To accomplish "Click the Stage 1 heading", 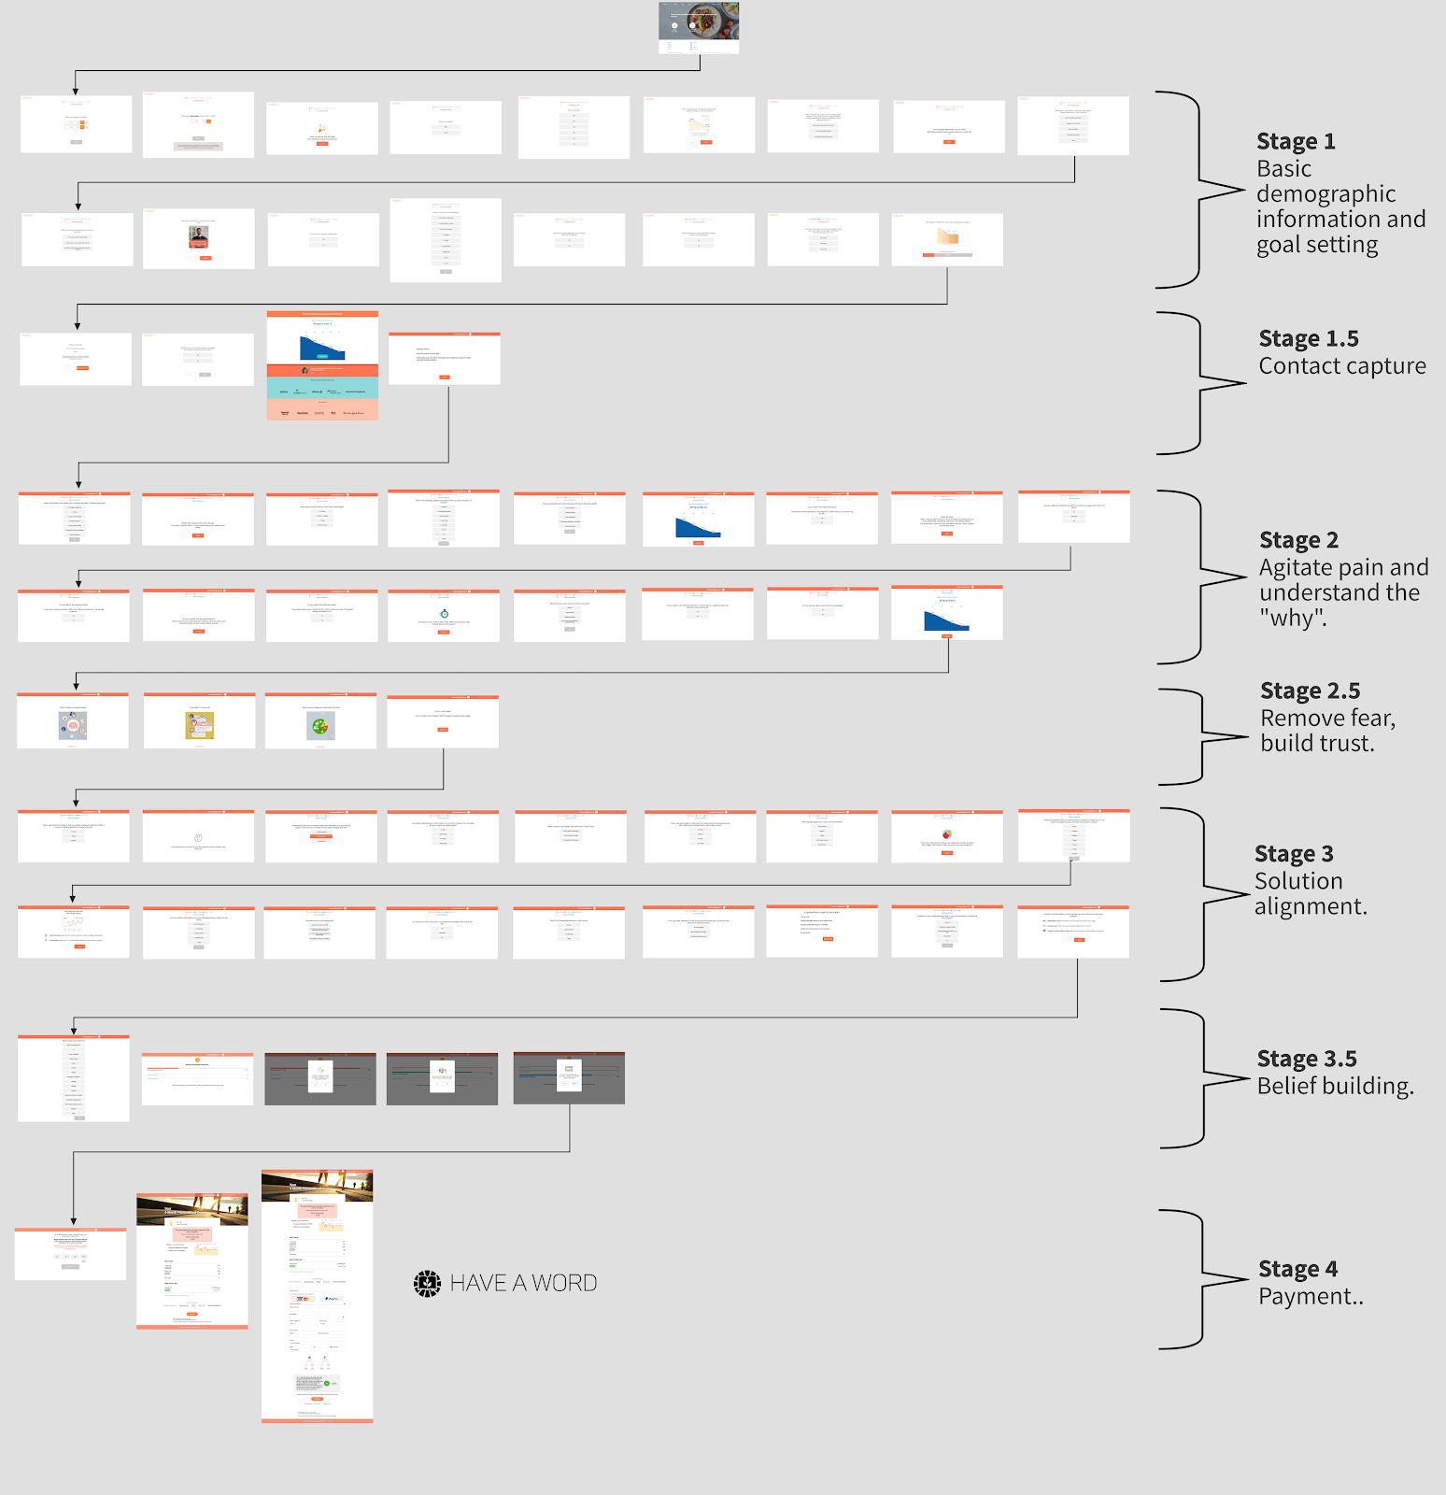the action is (x=1296, y=142).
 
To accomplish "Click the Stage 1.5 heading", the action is (x=1308, y=339).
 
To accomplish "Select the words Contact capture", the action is (x=1341, y=366).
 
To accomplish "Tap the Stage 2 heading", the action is (x=1298, y=541).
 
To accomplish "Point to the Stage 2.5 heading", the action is (x=1310, y=691).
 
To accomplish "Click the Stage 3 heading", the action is (x=1294, y=854).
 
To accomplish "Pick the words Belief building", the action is (x=1335, y=1086).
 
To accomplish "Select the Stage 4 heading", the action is (x=1297, y=1270).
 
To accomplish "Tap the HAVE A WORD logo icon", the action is (x=427, y=1284).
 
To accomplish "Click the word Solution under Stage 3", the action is (x=1298, y=881).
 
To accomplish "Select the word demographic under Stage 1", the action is (x=1325, y=194).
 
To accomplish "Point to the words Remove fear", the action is (x=1326, y=719).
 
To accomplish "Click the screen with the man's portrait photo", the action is (x=198, y=238).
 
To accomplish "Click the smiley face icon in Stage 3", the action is (x=198, y=838).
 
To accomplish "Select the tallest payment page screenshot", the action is (x=317, y=1296).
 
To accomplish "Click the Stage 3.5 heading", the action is (x=1306, y=1060).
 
